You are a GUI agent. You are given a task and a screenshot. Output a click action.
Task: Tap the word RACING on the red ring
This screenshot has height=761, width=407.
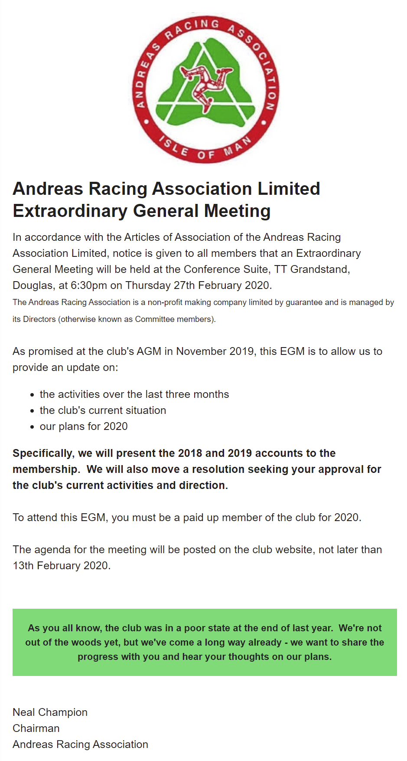[x=191, y=27]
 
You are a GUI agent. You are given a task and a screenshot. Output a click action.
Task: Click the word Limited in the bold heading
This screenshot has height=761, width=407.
[x=289, y=189]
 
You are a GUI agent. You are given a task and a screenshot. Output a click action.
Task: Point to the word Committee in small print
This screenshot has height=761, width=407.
[x=154, y=319]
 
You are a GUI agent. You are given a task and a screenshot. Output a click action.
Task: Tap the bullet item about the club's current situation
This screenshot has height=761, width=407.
[x=103, y=410]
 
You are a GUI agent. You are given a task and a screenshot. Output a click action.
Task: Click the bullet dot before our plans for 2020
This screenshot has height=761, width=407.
[x=32, y=427]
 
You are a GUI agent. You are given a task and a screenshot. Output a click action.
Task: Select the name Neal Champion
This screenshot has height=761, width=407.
[x=50, y=712]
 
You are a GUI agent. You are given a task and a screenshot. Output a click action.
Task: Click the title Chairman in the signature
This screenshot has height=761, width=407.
[x=36, y=728]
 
